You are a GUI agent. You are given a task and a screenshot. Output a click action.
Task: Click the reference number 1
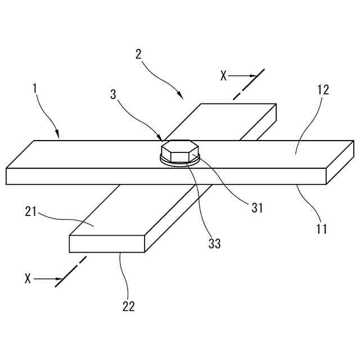click(x=35, y=88)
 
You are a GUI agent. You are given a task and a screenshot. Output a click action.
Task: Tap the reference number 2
click(x=138, y=55)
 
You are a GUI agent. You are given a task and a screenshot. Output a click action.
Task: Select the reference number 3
click(x=114, y=94)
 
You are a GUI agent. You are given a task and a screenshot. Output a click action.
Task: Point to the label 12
click(x=323, y=89)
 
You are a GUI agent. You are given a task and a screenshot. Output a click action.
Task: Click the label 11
click(x=321, y=228)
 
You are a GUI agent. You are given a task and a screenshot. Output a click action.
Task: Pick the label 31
click(x=257, y=208)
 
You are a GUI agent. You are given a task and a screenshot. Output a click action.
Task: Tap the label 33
click(x=214, y=244)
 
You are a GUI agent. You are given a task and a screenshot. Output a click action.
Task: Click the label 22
click(x=128, y=306)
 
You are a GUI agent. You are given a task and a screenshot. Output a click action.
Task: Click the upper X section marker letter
click(x=223, y=76)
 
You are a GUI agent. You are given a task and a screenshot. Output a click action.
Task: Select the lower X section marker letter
click(x=28, y=278)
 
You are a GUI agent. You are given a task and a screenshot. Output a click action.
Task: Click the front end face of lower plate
click(x=107, y=244)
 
